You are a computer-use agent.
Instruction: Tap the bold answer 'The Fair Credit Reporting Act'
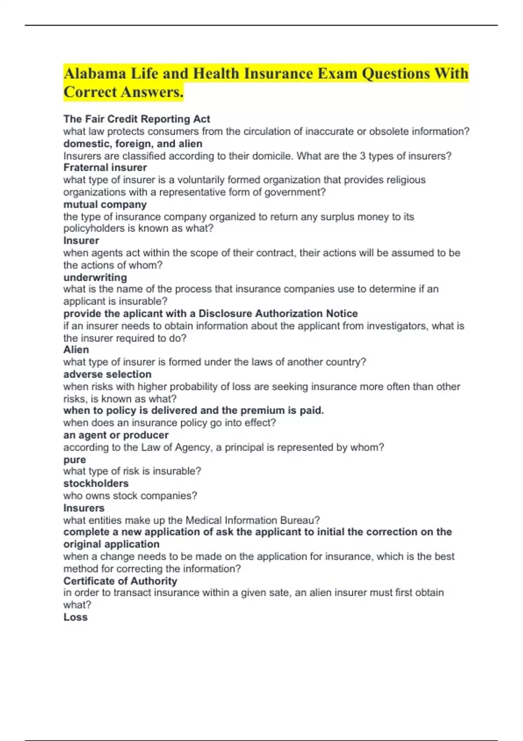136,119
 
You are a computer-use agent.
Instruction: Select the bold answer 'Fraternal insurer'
105,167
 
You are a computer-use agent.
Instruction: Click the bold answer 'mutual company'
105,204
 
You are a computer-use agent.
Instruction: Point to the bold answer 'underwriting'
95,277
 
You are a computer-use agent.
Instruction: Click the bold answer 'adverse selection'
107,374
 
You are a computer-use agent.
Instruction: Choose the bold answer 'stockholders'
96,483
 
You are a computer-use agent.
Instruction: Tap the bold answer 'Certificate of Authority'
120,581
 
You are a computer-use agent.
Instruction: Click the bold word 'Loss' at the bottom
75,617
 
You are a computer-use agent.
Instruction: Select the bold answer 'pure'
75,460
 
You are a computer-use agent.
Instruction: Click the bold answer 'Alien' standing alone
76,350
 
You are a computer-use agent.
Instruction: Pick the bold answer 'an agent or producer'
116,435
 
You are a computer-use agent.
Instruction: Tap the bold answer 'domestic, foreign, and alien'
133,144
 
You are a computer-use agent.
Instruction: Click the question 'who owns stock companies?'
130,496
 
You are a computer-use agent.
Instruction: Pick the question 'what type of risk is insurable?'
132,471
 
